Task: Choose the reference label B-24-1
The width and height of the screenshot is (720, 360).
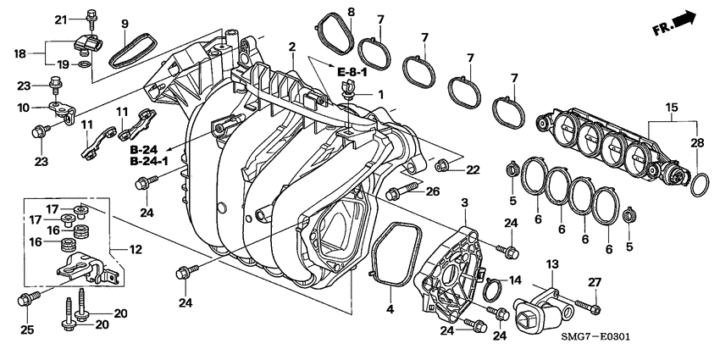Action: click(149, 161)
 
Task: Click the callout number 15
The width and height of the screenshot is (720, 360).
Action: click(671, 107)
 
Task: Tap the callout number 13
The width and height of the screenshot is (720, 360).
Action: click(551, 265)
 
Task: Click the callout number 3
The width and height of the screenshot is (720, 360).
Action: click(464, 202)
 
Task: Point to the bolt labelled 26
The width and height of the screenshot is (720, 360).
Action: click(402, 191)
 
